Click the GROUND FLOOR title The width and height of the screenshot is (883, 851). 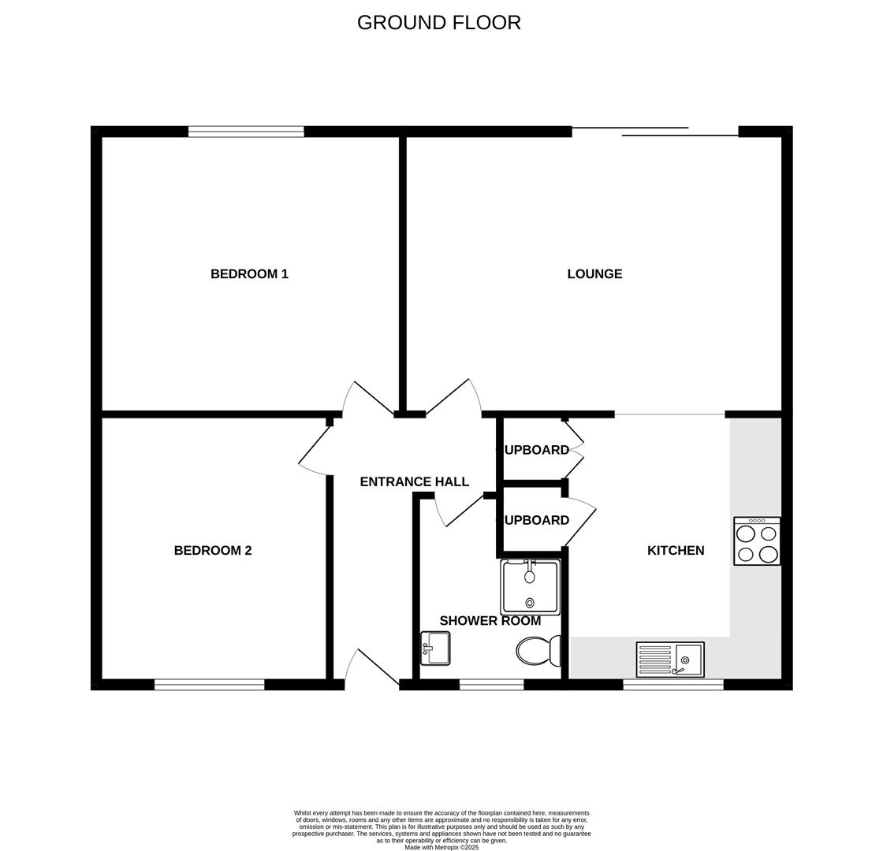[x=438, y=23]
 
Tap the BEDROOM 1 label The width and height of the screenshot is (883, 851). [x=249, y=274]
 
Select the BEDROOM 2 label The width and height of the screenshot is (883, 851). [x=213, y=551]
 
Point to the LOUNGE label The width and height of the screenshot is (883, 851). [x=594, y=274]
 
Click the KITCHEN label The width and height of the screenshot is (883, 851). [x=676, y=551]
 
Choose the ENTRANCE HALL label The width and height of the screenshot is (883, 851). [x=414, y=481]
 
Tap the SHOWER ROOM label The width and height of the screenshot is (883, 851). [x=490, y=621]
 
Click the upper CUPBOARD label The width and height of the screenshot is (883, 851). [x=534, y=450]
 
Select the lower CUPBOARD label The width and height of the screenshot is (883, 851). [x=534, y=520]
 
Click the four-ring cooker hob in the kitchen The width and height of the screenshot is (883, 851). [x=757, y=541]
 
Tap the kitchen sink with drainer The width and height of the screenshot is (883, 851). [x=670, y=660]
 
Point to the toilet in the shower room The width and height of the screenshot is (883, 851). [x=538, y=651]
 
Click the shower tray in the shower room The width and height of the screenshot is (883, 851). [x=530, y=587]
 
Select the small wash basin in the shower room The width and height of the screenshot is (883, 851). [x=435, y=648]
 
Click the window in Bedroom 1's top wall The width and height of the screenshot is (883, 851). [x=246, y=132]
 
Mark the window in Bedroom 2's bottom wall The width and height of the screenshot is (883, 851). [x=209, y=685]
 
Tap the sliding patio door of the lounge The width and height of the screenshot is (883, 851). [x=655, y=132]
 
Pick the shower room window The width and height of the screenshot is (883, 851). [x=491, y=685]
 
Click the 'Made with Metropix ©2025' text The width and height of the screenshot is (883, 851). [x=441, y=847]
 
